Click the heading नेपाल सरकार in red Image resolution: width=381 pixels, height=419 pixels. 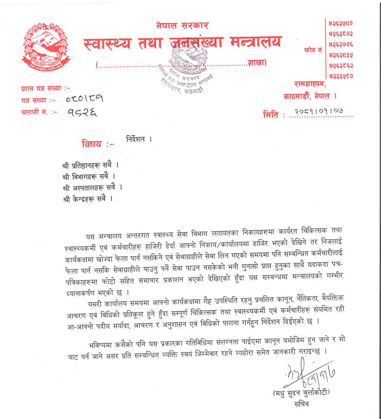point(182,26)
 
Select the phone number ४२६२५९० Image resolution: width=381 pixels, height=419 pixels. point(341,23)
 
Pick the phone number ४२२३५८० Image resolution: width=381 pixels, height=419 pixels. point(341,76)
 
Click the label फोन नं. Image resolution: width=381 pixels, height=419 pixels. point(314,50)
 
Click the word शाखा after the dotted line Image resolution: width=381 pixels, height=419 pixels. point(256,63)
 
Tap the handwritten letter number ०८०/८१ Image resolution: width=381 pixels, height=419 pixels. point(84,99)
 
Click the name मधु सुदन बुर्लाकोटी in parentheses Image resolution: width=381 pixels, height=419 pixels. point(301,392)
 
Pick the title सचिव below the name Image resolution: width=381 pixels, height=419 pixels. point(301,404)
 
